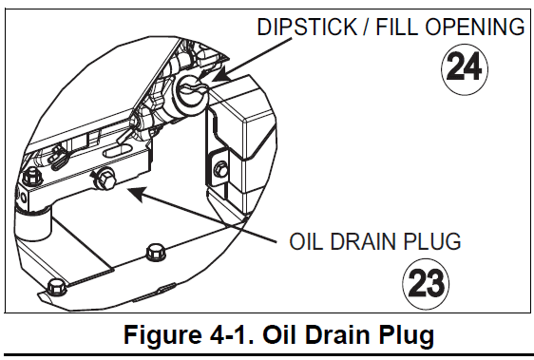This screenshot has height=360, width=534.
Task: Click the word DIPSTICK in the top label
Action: click(x=307, y=27)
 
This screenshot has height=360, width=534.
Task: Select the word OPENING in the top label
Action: click(x=475, y=27)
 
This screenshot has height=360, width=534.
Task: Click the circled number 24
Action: click(x=465, y=68)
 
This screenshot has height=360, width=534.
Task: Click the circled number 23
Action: click(x=426, y=284)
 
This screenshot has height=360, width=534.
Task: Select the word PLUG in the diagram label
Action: click(x=431, y=241)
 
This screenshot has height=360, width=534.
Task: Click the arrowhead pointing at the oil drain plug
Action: click(x=138, y=193)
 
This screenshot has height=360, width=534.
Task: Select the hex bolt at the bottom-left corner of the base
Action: click(x=56, y=288)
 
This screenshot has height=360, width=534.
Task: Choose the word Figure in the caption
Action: click(x=162, y=335)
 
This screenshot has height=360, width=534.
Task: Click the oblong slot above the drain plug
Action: click(x=117, y=150)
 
